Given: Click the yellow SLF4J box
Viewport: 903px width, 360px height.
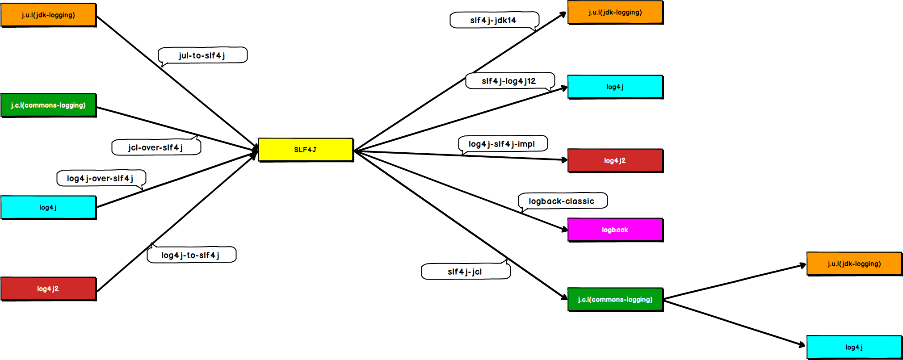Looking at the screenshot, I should pos(306,150).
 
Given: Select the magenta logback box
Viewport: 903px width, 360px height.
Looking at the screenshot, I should pos(615,230).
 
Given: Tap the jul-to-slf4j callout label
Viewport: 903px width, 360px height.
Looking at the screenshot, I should pos(202,55).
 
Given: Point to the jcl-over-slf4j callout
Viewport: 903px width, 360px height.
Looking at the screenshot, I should pos(156,147).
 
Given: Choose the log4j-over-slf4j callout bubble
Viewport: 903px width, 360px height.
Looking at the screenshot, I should pos(101,178).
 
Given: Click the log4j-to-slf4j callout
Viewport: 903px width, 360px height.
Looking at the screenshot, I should pos(191,255).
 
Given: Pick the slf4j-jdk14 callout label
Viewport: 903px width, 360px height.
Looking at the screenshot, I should pos(494,20).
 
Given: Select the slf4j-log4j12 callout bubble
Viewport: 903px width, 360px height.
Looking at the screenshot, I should pos(509,81).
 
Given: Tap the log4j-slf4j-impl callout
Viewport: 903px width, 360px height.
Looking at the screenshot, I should pos(502,144).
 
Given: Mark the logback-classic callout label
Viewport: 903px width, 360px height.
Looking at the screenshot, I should pos(562,201).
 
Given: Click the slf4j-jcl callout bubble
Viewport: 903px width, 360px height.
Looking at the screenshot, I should pos(466,272).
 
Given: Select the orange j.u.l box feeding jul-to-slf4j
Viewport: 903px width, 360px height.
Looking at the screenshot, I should pos(48,15).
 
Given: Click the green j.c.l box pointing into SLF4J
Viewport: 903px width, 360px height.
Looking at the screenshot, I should pos(48,105).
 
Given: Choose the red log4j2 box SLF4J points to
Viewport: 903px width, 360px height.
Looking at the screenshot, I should pos(615,160).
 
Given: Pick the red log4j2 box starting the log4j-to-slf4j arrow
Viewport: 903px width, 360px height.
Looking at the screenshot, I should pos(48,289).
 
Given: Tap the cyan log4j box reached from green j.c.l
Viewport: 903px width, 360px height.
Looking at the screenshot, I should pos(854,347).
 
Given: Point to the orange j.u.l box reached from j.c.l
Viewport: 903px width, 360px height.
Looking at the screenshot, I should pos(854,264).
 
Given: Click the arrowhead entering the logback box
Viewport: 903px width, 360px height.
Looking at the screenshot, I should pos(565,229).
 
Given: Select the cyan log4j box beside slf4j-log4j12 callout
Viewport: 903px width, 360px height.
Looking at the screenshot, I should pos(615,87).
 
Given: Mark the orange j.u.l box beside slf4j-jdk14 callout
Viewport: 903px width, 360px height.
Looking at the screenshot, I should pos(615,13).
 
